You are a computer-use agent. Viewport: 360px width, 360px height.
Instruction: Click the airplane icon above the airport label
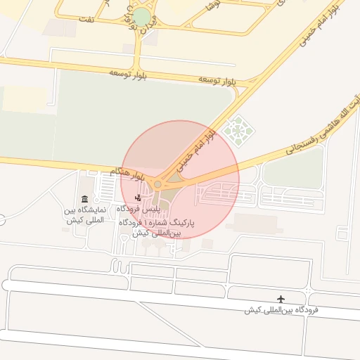[283, 299]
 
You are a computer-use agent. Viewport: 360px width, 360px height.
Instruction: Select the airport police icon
[138, 198]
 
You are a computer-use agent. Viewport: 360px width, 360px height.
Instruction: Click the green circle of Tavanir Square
[142, 18]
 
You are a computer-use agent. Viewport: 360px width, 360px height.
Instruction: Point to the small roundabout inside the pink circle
[157, 184]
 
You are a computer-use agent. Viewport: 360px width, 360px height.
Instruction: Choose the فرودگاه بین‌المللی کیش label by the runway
[282, 310]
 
